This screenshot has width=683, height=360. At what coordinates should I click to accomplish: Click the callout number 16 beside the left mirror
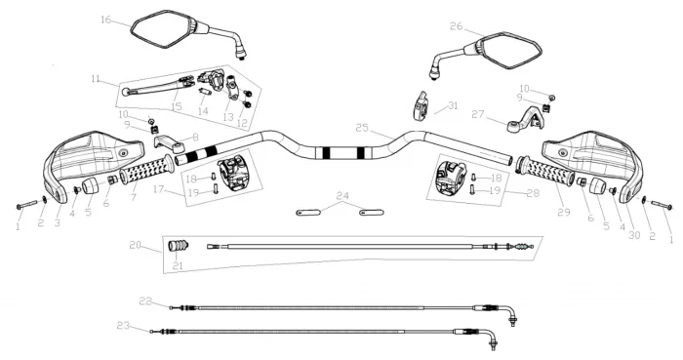coord(105,20)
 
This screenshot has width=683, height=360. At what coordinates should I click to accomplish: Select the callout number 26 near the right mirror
coord(456,26)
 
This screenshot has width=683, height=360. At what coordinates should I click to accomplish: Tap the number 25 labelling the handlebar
coord(362,128)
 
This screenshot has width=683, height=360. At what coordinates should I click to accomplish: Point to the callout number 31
coord(453,105)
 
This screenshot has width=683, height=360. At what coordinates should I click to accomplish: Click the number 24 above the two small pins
coord(342,195)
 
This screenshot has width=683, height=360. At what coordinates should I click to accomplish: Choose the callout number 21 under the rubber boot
coord(178,265)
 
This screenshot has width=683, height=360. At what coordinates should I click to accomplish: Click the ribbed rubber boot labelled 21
coord(178,246)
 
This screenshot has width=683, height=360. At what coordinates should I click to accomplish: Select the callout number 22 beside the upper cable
coord(146,301)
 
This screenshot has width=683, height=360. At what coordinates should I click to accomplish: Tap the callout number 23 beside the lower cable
coord(123,325)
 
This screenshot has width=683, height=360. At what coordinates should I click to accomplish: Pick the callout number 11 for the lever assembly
coord(96,79)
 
